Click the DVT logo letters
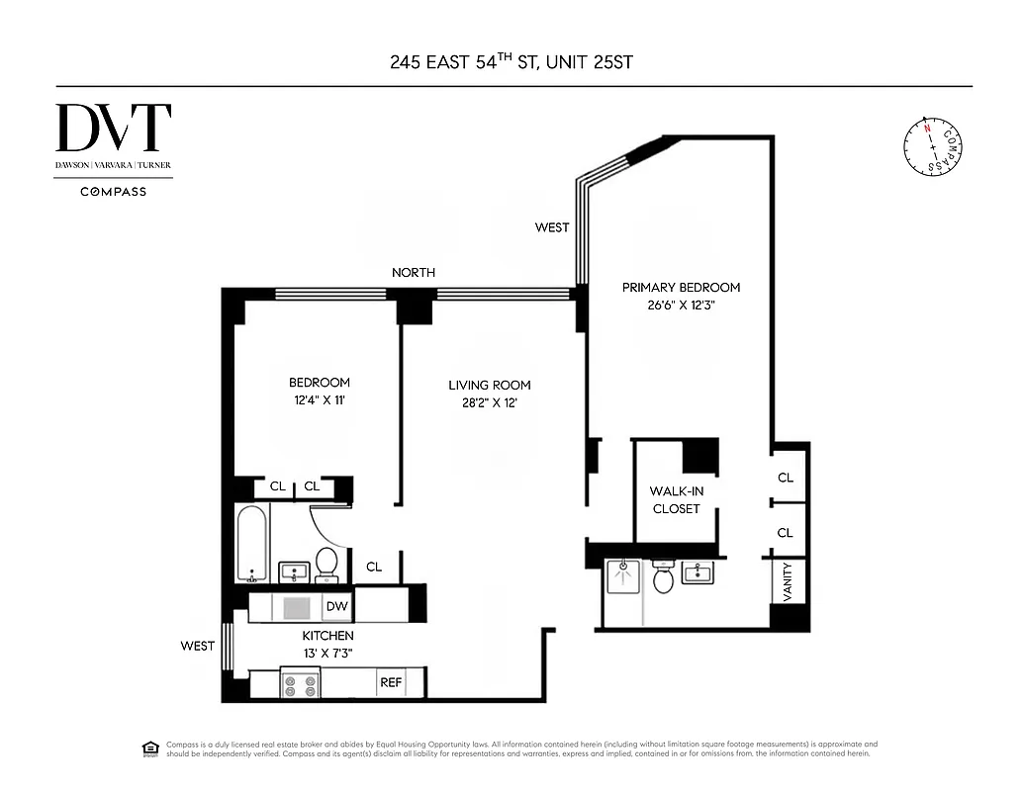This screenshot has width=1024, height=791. pyautogui.click(x=114, y=129)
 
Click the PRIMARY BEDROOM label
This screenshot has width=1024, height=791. pyautogui.click(x=681, y=288)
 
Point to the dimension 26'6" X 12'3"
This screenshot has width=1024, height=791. pyautogui.click(x=681, y=306)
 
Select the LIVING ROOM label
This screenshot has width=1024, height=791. pyautogui.click(x=490, y=385)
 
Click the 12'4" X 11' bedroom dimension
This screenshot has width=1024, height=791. pyautogui.click(x=319, y=401)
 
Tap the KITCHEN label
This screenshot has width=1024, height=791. pyautogui.click(x=327, y=636)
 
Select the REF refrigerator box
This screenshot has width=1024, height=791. pyautogui.click(x=391, y=682)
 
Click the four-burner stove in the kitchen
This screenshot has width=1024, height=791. pyautogui.click(x=299, y=682)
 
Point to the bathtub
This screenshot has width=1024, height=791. pyautogui.click(x=251, y=544)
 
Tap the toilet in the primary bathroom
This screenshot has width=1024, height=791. pyautogui.click(x=663, y=577)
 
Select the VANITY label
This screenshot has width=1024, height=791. pyautogui.click(x=789, y=581)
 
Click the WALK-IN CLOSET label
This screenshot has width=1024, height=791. pyautogui.click(x=675, y=499)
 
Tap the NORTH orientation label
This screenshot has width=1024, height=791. pyautogui.click(x=413, y=272)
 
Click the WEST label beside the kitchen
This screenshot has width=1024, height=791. pyautogui.click(x=197, y=646)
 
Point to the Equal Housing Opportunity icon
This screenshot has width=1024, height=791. pyautogui.click(x=150, y=747)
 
